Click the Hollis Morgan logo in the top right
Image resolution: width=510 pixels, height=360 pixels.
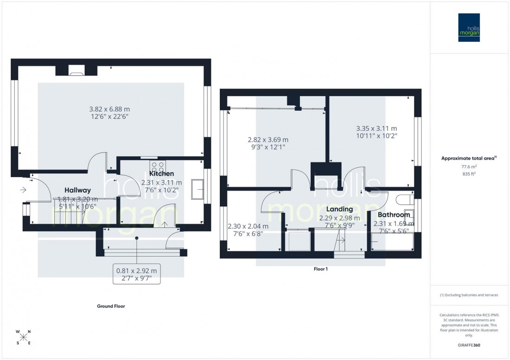coord(469,27)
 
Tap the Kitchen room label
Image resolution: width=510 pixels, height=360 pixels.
coord(161,174)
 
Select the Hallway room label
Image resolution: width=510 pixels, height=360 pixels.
coord(77,190)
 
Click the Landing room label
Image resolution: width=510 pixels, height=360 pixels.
coord(339,209)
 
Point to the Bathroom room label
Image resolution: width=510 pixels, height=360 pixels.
coord(394,215)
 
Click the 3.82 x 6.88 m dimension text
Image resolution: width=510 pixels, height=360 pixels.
coord(109,109)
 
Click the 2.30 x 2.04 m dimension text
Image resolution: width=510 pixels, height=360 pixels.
coord(248,227)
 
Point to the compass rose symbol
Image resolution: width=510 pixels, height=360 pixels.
coord(24,337)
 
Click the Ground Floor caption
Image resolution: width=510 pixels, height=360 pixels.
coord(111,306)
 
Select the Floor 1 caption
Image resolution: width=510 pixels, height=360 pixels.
coord(320,269)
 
